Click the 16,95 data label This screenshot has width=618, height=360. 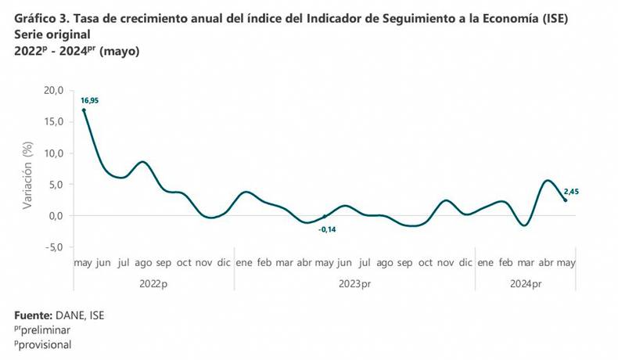88,101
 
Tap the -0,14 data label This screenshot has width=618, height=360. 328,229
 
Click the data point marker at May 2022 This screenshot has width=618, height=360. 84,110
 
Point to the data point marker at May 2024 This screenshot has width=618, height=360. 566,200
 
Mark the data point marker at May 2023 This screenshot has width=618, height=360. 325,217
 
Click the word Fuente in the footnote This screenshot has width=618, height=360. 34,315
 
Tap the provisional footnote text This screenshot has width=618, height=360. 44,344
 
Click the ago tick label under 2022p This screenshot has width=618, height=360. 143,264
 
